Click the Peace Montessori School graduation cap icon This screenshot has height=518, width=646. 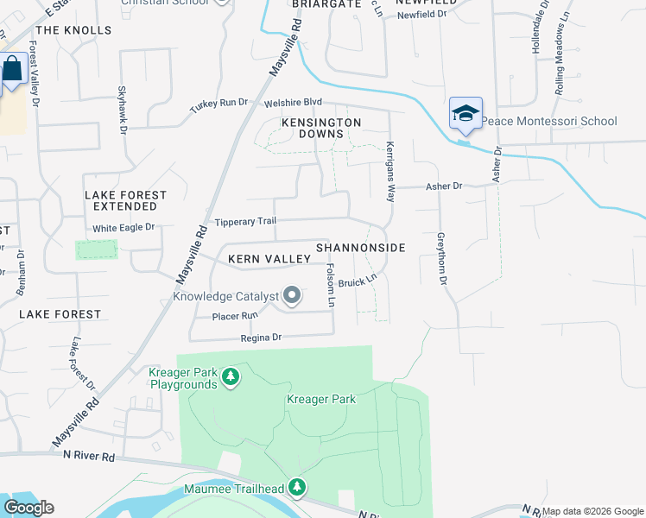pyautogui.click(x=465, y=114)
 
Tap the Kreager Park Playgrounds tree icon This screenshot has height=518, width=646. pyautogui.click(x=230, y=377)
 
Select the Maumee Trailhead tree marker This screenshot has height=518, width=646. pyautogui.click(x=297, y=489)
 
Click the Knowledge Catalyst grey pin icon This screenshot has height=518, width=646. pyautogui.click(x=292, y=296)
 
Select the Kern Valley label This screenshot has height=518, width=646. pyautogui.click(x=269, y=259)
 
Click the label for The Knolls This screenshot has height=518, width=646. pyautogui.click(x=75, y=30)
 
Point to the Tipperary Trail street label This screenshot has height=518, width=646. pyautogui.click(x=245, y=222)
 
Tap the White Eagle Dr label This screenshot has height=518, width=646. pyautogui.click(x=123, y=228)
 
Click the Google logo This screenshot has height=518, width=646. pyautogui.click(x=28, y=508)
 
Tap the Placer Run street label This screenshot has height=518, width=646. pyautogui.click(x=235, y=316)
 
